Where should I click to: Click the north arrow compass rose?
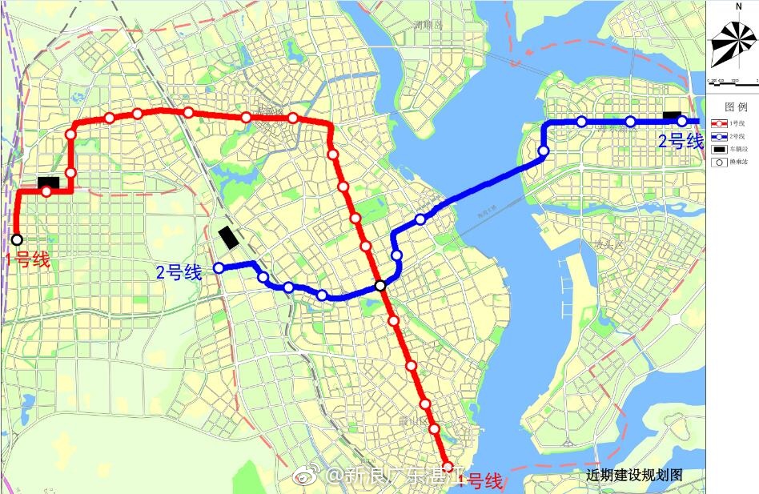pyautogui.click(x=734, y=41)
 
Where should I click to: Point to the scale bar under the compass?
pyautogui.click(x=732, y=82)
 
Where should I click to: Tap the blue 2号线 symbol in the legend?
pyautogui.click(x=718, y=136)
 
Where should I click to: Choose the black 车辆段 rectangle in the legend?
pyautogui.click(x=718, y=149)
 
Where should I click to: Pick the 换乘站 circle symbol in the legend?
pyautogui.click(x=718, y=163)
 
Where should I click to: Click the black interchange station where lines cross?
pyautogui.click(x=381, y=286)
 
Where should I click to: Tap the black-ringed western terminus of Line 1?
pyautogui.click(x=17, y=239)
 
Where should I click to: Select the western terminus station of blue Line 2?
pyautogui.click(x=218, y=268)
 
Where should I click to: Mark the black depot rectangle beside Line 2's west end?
pyautogui.click(x=229, y=238)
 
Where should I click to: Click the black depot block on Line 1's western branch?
pyautogui.click(x=48, y=183)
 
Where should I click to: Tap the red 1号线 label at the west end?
pyautogui.click(x=27, y=259)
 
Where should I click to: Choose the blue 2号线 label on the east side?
pyautogui.click(x=681, y=143)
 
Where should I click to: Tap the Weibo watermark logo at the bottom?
pyautogui.click(x=306, y=477)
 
